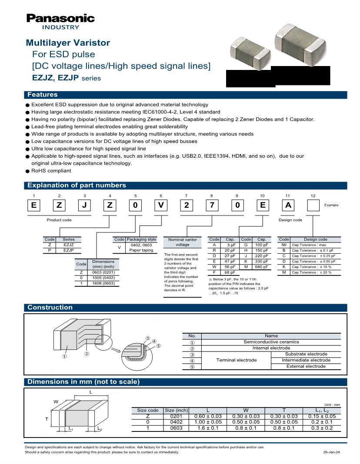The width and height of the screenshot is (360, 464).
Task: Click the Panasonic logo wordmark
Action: (x=60, y=18)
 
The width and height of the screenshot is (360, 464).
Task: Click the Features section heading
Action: (x=42, y=95)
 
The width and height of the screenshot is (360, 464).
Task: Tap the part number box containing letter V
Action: (x=161, y=205)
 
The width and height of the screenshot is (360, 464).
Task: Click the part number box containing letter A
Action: (x=288, y=205)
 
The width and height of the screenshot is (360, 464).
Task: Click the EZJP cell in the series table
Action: (x=69, y=250)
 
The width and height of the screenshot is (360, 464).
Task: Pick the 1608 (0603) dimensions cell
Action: (x=103, y=283)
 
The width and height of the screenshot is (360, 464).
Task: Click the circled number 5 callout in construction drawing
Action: (x=159, y=346)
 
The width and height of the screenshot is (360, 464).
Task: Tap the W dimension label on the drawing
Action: (x=56, y=401)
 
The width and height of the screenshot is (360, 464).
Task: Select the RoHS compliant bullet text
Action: (x=51, y=171)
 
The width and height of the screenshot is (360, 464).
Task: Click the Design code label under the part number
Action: (x=290, y=220)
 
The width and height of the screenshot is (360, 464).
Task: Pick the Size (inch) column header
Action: (x=176, y=410)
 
